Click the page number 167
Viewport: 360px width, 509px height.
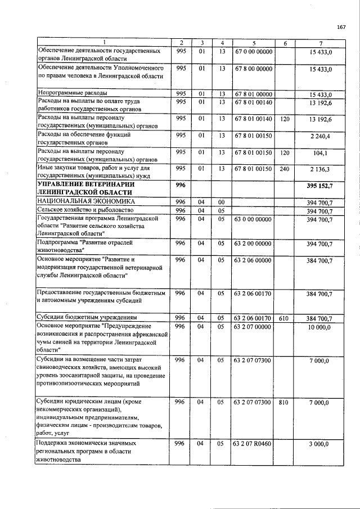pyautogui.click(x=341, y=28)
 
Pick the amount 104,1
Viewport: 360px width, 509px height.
pyautogui.click(x=319, y=152)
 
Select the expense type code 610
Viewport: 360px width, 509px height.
pyautogui.click(x=284, y=318)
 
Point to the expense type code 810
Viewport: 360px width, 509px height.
pyautogui.click(x=284, y=402)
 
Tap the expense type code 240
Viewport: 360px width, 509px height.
pyautogui.click(x=284, y=169)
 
